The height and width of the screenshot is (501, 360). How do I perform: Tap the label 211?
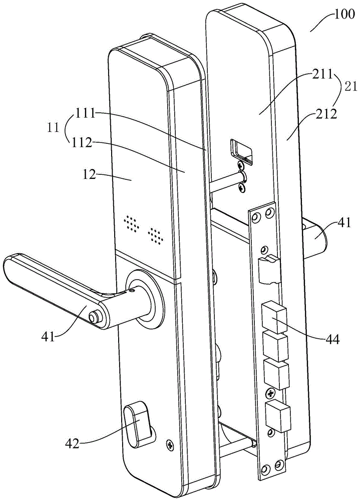pyautogui.click(x=316, y=77)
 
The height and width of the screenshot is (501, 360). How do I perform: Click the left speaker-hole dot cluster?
pyautogui.click(x=131, y=223)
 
